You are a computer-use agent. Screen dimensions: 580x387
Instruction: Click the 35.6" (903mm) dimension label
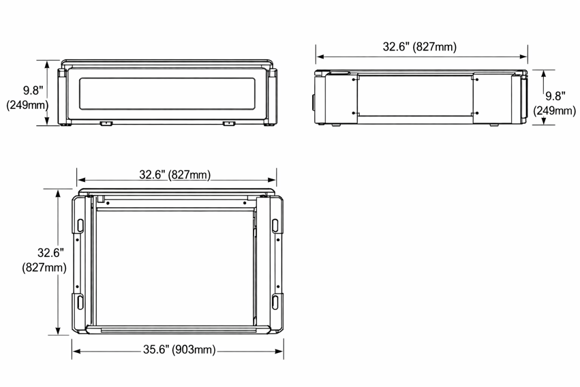[179, 350]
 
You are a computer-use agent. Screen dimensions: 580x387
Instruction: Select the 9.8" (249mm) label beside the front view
[27, 98]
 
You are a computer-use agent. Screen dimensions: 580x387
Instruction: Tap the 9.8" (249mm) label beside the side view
[555, 104]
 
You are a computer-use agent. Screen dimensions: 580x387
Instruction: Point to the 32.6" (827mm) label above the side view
[419, 46]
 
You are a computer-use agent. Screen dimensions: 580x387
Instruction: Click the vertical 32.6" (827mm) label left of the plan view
[44, 260]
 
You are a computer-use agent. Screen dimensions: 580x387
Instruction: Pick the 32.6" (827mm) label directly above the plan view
[174, 174]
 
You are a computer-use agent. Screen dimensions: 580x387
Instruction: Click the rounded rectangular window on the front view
[167, 93]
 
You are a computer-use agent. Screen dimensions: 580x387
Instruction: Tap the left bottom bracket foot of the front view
[106, 123]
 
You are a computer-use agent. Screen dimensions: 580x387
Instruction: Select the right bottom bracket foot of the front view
[228, 123]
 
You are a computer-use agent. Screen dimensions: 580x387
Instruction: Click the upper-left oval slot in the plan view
[80, 226]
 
